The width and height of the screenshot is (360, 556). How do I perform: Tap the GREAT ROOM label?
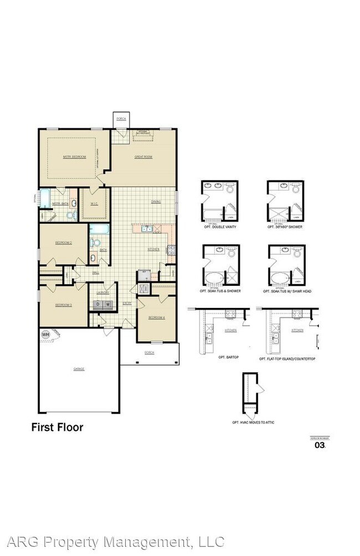coord(143,157)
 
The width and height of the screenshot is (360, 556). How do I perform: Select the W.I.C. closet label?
coord(94,203)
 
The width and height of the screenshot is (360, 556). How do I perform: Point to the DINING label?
coord(156,202)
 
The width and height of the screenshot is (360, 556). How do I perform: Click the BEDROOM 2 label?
coord(63,243)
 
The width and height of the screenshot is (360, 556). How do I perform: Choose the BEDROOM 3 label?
coord(63,305)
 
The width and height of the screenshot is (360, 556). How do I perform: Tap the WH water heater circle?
coord(46,335)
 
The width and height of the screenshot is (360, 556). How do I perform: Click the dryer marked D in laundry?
coord(99,304)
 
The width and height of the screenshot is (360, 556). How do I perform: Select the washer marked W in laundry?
coord(109,304)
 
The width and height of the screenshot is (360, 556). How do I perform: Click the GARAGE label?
coord(79,368)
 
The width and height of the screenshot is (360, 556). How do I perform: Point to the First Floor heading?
coord(56,427)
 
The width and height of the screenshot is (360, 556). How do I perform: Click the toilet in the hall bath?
coord(96,242)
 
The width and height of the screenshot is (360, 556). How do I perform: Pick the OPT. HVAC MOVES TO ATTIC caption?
coord(253,423)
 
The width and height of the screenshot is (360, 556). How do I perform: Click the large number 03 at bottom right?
coord(320,444)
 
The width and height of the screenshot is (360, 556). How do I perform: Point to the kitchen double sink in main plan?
coord(147,229)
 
